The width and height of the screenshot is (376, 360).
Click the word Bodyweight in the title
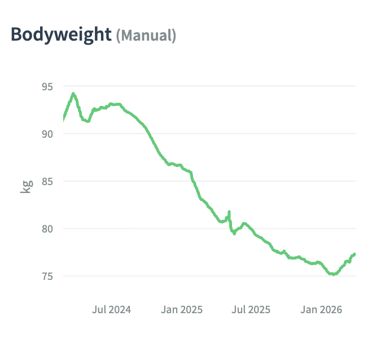tap(61, 34)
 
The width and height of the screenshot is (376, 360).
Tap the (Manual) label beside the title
tap(146, 36)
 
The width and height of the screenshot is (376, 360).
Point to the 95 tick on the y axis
tap(47, 86)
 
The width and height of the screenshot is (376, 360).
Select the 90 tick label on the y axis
tap(47, 134)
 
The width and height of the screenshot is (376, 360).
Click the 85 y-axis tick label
tap(47, 181)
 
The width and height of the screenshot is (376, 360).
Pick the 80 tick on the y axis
tap(47, 229)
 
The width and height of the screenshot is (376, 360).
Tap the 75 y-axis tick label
tap(47, 276)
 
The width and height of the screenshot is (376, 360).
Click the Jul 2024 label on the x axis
tap(111, 309)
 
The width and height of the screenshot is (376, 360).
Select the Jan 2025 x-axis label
tap(182, 309)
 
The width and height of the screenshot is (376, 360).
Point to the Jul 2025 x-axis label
tap(251, 309)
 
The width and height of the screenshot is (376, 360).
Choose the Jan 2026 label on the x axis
tap(321, 309)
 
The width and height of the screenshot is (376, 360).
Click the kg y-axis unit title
tap(26, 186)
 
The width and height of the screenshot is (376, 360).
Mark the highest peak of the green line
tap(73, 94)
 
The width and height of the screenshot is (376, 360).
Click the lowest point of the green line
tap(333, 274)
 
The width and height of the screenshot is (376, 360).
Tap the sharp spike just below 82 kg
tap(229, 212)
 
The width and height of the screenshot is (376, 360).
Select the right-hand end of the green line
tap(355, 254)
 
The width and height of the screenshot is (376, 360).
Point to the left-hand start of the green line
tap(63, 118)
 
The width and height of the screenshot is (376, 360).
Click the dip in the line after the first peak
tap(88, 121)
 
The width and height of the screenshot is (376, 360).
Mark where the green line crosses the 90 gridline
tap(148, 134)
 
